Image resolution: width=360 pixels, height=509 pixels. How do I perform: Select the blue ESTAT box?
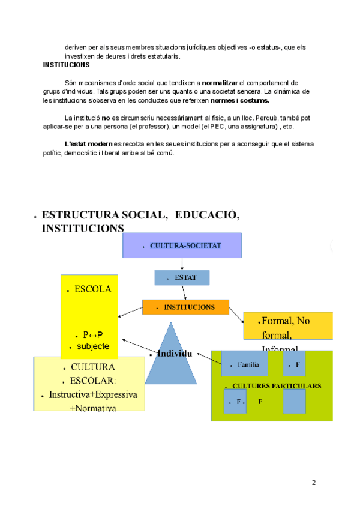click(182, 277)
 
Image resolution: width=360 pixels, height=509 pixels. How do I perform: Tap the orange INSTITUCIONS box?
click(185, 307)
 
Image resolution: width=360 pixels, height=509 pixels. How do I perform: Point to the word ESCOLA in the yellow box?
click(93, 289)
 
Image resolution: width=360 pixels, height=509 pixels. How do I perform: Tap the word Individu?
click(175, 354)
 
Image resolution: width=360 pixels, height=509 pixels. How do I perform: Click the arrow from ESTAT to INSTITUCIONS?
click(184, 292)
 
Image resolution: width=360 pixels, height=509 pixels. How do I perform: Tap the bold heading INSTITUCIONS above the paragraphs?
click(67, 65)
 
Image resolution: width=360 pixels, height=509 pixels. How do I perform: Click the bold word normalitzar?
click(220, 82)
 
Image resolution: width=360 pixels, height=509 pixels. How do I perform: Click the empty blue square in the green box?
click(294, 401)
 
